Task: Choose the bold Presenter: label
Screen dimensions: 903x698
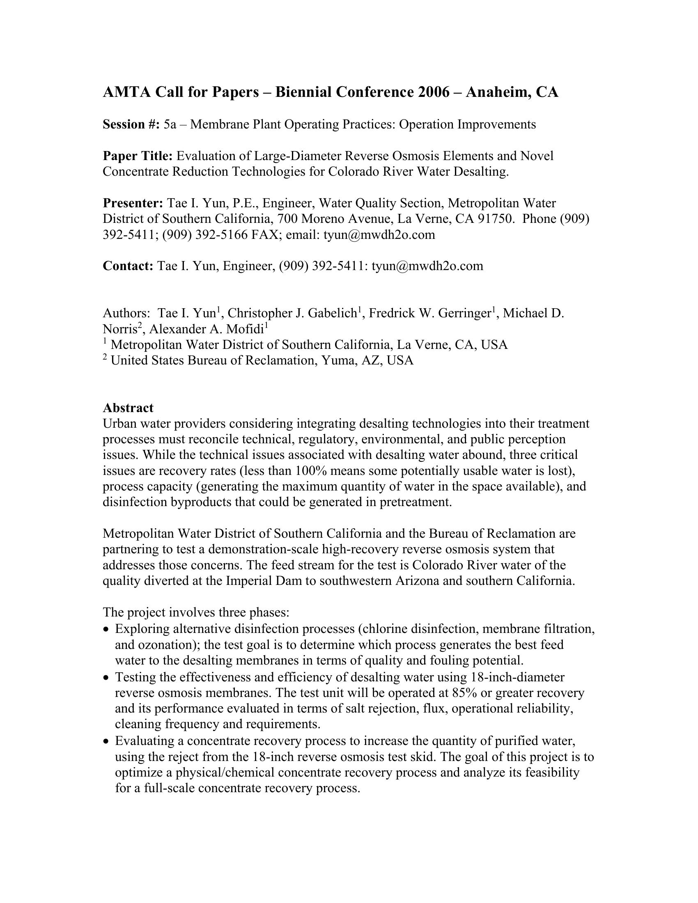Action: tap(133, 204)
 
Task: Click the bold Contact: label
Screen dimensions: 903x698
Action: tap(128, 266)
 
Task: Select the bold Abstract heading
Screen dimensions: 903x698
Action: tap(128, 408)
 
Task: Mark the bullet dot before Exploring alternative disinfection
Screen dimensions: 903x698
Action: tap(107, 630)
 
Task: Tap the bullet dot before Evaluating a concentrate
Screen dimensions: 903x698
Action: tap(107, 741)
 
